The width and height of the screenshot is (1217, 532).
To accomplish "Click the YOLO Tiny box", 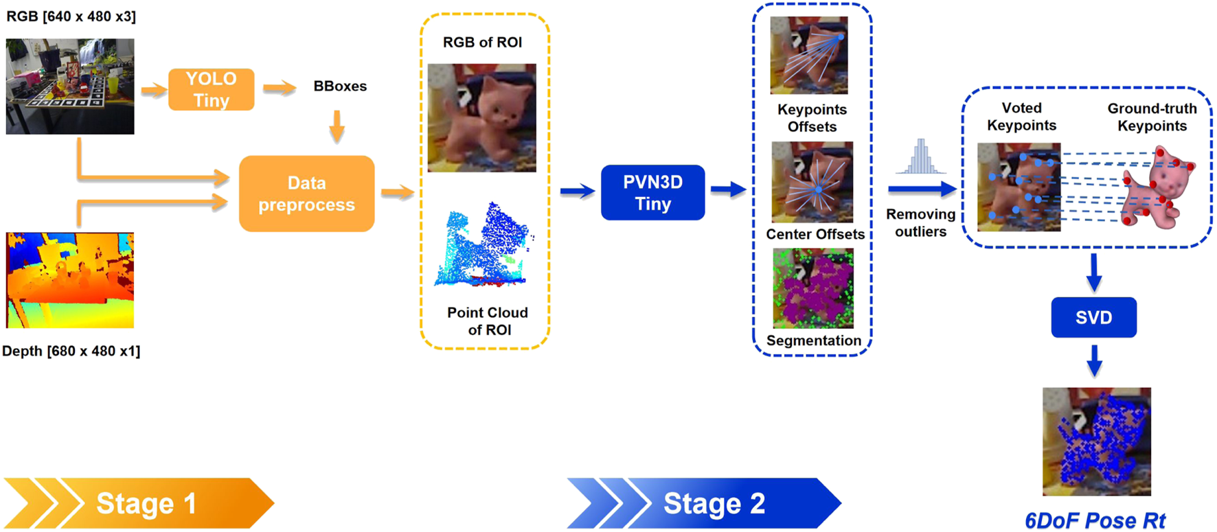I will pyautogui.click(x=211, y=89).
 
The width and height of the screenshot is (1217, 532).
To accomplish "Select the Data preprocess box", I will pyautogui.click(x=306, y=194).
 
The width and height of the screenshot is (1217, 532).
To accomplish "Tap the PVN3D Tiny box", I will pyautogui.click(x=652, y=192).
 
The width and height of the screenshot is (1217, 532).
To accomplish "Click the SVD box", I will pyautogui.click(x=1093, y=317).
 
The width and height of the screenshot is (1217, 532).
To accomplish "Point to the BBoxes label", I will pyautogui.click(x=340, y=86).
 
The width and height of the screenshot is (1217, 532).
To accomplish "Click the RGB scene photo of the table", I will pyautogui.click(x=70, y=86).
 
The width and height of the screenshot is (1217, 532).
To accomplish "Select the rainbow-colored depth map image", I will pyautogui.click(x=70, y=280).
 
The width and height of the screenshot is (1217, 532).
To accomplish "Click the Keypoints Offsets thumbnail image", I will pyautogui.click(x=809, y=56).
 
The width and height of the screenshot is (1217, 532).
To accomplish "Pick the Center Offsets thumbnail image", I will pyautogui.click(x=812, y=182).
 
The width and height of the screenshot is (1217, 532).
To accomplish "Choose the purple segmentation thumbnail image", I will pyautogui.click(x=813, y=288).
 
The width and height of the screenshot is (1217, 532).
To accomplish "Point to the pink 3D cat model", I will pyautogui.click(x=1159, y=187).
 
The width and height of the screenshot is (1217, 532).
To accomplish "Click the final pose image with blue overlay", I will pyautogui.click(x=1096, y=441).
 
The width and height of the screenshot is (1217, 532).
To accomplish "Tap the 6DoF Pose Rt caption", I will pyautogui.click(x=1095, y=520).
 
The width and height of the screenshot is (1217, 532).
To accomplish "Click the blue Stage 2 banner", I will pyautogui.click(x=704, y=503).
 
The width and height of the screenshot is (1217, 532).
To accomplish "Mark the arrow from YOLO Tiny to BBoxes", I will pyautogui.click(x=279, y=87).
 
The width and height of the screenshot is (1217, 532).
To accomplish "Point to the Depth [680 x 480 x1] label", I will pyautogui.click(x=71, y=351).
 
